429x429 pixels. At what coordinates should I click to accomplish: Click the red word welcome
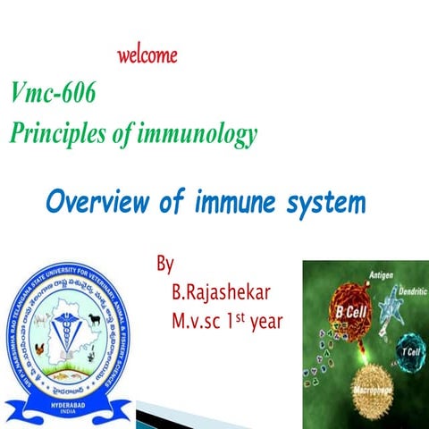[x=147, y=55]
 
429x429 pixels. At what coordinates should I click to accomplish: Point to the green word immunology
[x=203, y=134]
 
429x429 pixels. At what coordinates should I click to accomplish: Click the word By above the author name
[x=164, y=265]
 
